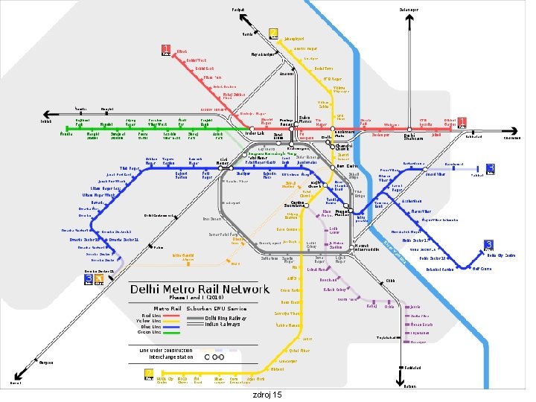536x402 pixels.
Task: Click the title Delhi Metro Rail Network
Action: (x=200, y=289)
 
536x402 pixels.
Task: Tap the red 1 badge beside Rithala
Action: (x=166, y=51)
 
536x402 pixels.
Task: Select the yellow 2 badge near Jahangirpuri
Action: (x=273, y=34)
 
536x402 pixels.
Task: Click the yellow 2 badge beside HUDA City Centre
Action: (x=148, y=374)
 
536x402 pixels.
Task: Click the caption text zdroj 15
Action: (x=267, y=395)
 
